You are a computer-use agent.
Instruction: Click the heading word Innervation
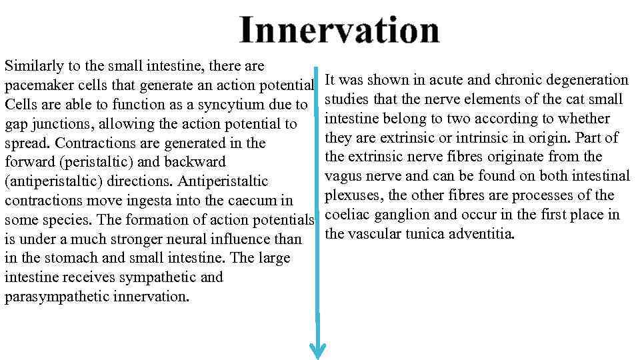tap(339, 31)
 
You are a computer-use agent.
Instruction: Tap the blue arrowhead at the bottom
tap(319, 349)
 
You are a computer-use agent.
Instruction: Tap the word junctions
tap(62, 125)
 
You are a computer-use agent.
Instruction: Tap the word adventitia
tap(479, 234)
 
